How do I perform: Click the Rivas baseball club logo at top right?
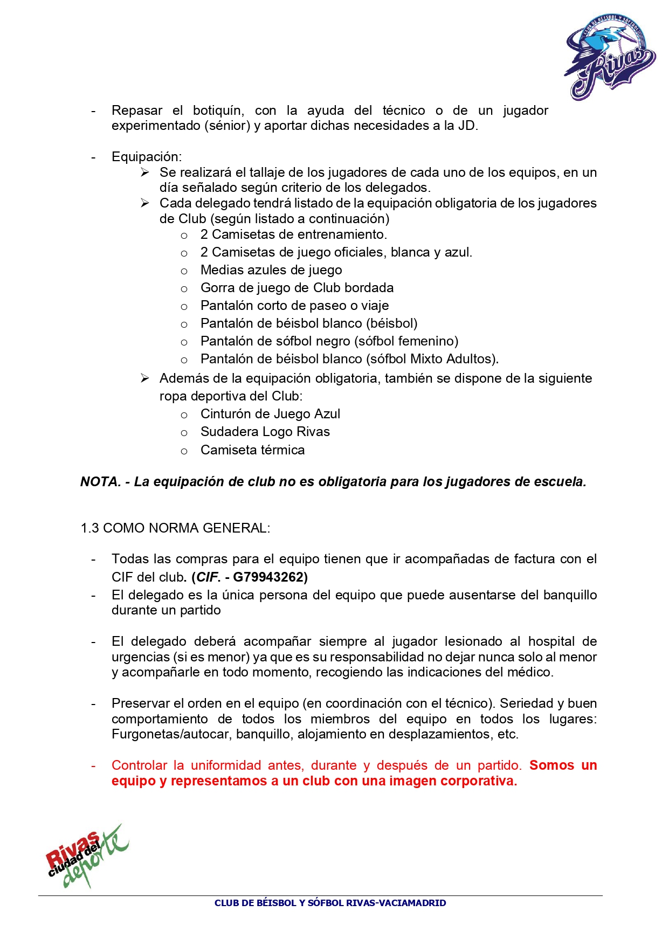pyautogui.click(x=610, y=57)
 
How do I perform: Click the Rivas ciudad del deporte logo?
pyautogui.click(x=87, y=855)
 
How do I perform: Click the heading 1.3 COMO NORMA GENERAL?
pyautogui.click(x=175, y=528)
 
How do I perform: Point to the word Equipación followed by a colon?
pyautogui.click(x=146, y=157)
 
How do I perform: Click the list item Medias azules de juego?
pyautogui.click(x=271, y=270)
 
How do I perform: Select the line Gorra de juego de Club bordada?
pyautogui.click(x=297, y=288)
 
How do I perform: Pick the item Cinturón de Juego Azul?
pyautogui.click(x=270, y=414)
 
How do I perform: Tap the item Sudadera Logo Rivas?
pyautogui.click(x=265, y=432)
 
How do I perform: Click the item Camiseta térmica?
pyautogui.click(x=252, y=450)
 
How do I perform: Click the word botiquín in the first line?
pyautogui.click(x=218, y=111)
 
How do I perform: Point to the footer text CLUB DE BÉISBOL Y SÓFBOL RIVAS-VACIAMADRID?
pyautogui.click(x=330, y=903)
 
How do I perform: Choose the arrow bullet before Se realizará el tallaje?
pyautogui.click(x=144, y=172)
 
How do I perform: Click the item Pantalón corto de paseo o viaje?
pyautogui.click(x=294, y=306)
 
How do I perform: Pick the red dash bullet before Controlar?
pyautogui.click(x=93, y=766)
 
